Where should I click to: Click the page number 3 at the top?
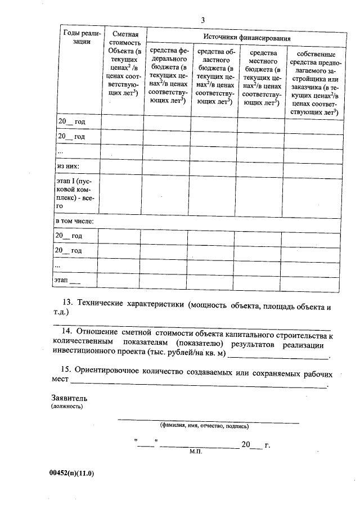click(x=202, y=21)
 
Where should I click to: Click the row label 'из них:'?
click(x=67, y=167)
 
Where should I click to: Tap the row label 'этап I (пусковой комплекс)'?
click(x=75, y=193)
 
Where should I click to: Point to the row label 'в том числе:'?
click(x=74, y=221)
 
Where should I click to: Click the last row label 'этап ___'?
click(x=67, y=280)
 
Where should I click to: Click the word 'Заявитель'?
click(x=69, y=398)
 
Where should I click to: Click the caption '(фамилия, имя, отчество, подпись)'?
click(x=200, y=426)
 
